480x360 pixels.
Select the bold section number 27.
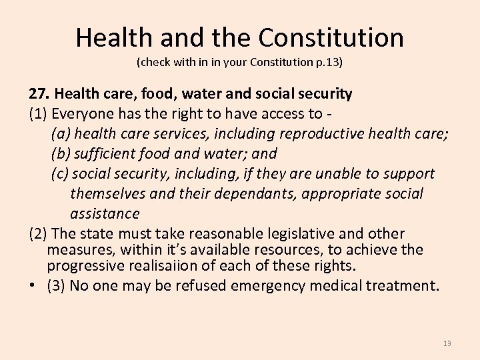coord(39,93)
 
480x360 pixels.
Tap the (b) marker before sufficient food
coord(60,153)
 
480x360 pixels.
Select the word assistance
coord(105,214)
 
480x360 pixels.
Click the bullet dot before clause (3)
coord(33,286)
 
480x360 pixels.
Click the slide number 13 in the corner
coord(447,343)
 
